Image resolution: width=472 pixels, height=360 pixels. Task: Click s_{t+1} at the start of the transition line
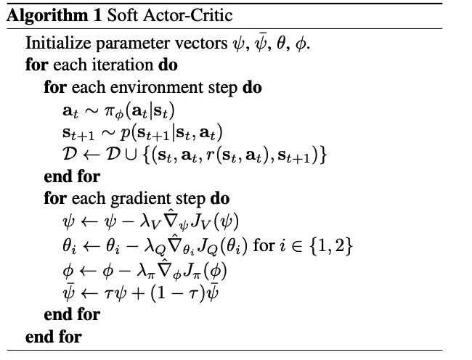[78, 134]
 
